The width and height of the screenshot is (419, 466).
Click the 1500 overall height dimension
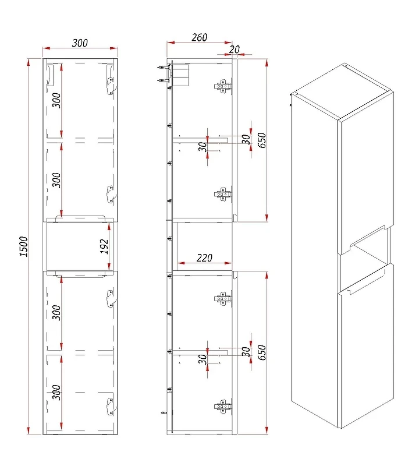coord(23,246)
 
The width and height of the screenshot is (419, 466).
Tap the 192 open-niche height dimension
coord(104,246)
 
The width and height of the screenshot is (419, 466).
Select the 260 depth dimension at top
coord(199,37)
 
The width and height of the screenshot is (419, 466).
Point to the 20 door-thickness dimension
coord(235,50)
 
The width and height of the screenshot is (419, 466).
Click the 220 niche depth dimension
coord(204,257)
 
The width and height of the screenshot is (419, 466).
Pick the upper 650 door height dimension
coord(262,140)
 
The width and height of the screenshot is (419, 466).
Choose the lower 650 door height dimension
coord(262,352)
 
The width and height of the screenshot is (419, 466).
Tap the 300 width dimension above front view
coord(80,43)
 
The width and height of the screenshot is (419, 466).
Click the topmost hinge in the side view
coord(222,86)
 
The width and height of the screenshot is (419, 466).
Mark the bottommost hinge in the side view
coord(222,406)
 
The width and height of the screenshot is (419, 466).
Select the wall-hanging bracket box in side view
coord(180,75)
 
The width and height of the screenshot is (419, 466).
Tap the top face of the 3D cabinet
coord(342,91)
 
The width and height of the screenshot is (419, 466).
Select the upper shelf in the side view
coord(200,140)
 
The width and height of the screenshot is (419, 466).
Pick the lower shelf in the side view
coord(200,353)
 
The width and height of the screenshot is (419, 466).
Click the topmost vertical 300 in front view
coord(56,100)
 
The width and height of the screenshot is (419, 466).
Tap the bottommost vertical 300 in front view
coord(56,392)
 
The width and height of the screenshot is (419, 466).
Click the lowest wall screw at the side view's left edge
coord(164,412)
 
